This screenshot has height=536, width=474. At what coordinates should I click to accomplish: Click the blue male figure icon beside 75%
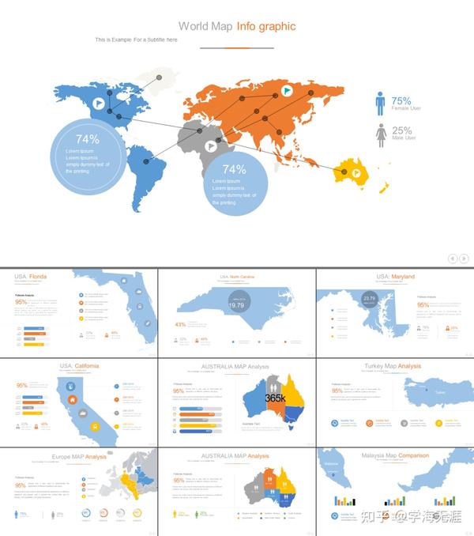coord(380,104)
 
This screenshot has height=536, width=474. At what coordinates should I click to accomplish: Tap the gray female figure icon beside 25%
coord(380,135)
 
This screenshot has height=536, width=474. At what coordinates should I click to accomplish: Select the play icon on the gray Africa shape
coord(211,146)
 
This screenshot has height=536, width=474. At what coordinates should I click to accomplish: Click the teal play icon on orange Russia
coord(288,92)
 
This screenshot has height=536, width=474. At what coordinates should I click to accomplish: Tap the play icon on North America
coord(97,103)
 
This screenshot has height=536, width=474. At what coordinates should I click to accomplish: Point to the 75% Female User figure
coord(401,101)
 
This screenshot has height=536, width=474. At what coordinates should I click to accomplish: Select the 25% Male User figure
coord(401,131)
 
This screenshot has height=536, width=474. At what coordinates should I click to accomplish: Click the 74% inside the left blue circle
coord(88,139)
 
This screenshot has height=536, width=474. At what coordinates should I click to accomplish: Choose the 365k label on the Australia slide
coord(275,398)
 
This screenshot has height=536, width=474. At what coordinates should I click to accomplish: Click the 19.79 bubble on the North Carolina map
coord(236,304)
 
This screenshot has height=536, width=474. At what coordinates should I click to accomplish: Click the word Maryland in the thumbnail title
coord(403,277)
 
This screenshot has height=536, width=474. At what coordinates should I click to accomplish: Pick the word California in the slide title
coord(87,366)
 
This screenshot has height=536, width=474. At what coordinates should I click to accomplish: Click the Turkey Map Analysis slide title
coord(393,366)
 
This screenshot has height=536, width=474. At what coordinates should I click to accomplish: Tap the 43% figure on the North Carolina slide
coord(180,324)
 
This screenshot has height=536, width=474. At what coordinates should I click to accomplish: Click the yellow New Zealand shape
coord(385,187)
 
